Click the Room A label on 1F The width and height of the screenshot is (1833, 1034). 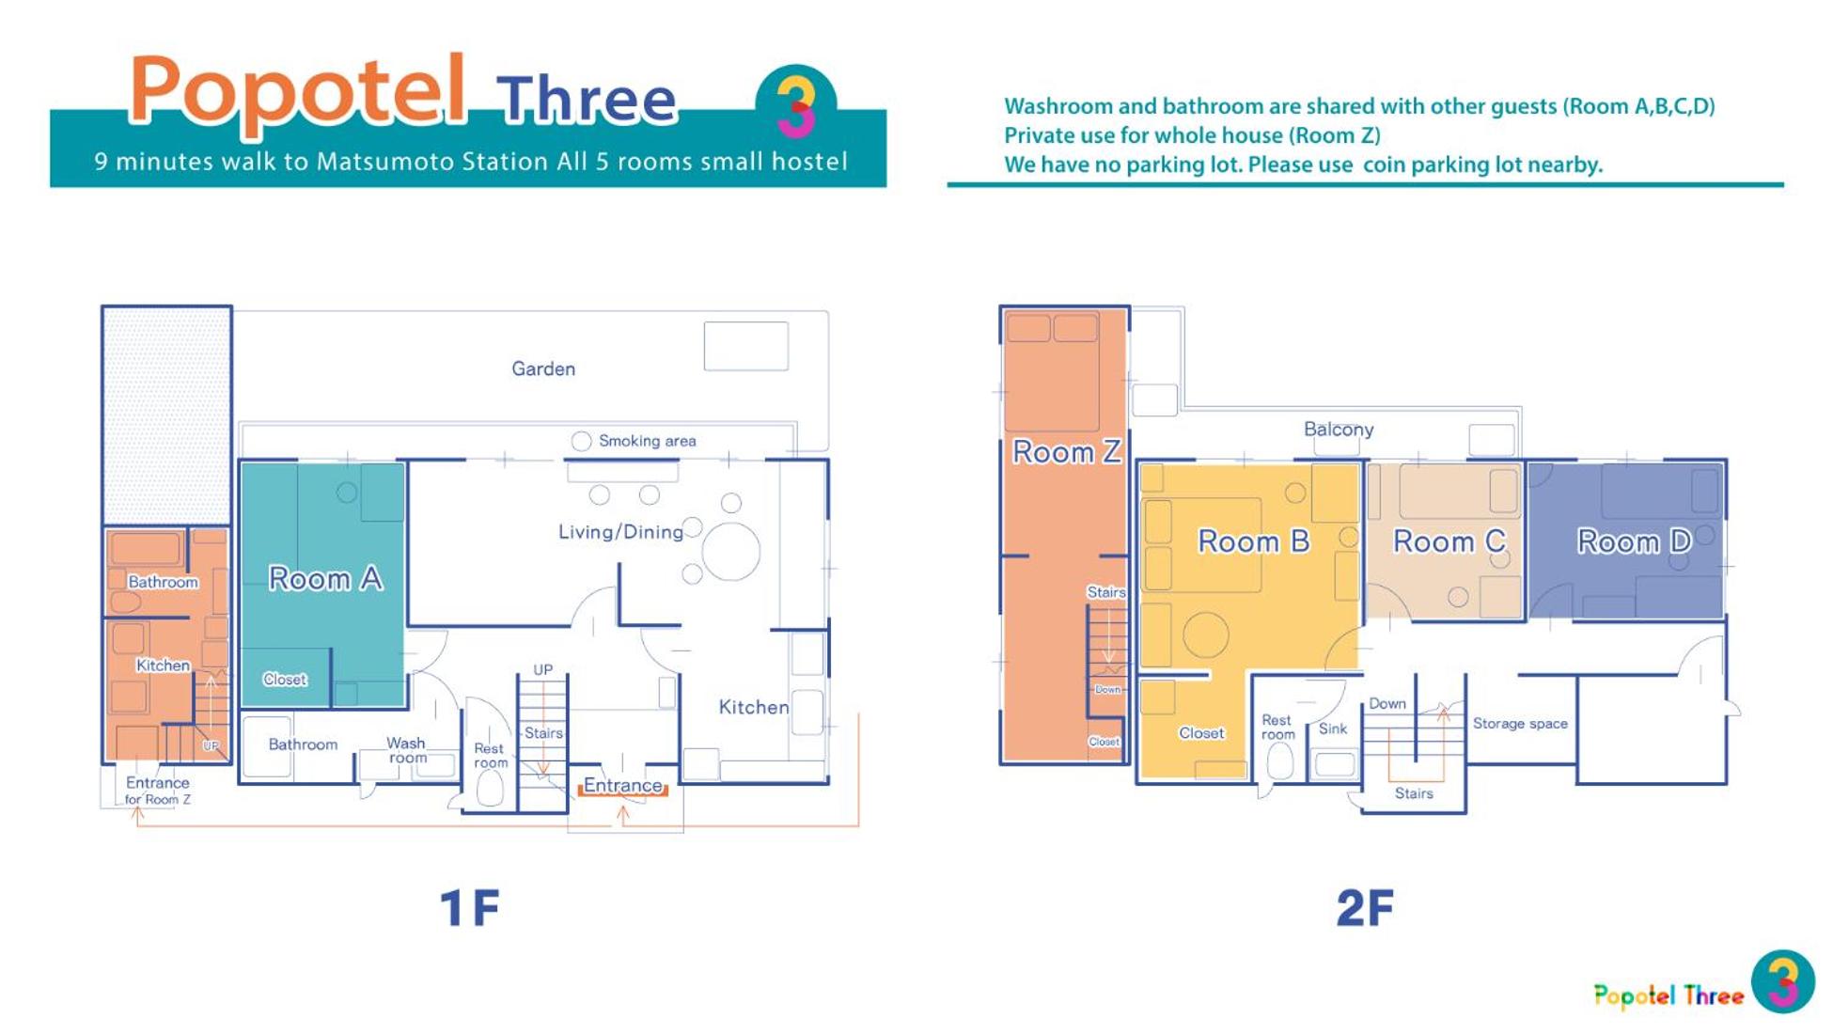325,578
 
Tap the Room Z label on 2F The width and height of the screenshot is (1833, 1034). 1066,452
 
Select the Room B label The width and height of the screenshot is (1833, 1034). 1253,541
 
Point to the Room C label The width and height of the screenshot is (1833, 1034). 1449,541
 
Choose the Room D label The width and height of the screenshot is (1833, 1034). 1634,541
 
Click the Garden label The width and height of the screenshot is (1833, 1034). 543,368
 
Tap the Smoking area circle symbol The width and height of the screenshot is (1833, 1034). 582,441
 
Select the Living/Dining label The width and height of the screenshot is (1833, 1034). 620,532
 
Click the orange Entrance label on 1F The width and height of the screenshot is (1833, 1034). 622,785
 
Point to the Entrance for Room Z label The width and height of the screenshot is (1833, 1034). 158,791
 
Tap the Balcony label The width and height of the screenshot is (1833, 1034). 1339,430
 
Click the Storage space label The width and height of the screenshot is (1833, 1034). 1520,723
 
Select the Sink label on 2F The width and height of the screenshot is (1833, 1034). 1333,728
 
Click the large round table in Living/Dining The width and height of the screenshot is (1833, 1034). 730,552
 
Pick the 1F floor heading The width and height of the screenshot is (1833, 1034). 469,908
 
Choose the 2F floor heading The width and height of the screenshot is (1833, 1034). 1365,908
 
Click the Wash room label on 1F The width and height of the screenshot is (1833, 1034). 407,750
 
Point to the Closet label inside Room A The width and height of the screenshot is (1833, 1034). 285,679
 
